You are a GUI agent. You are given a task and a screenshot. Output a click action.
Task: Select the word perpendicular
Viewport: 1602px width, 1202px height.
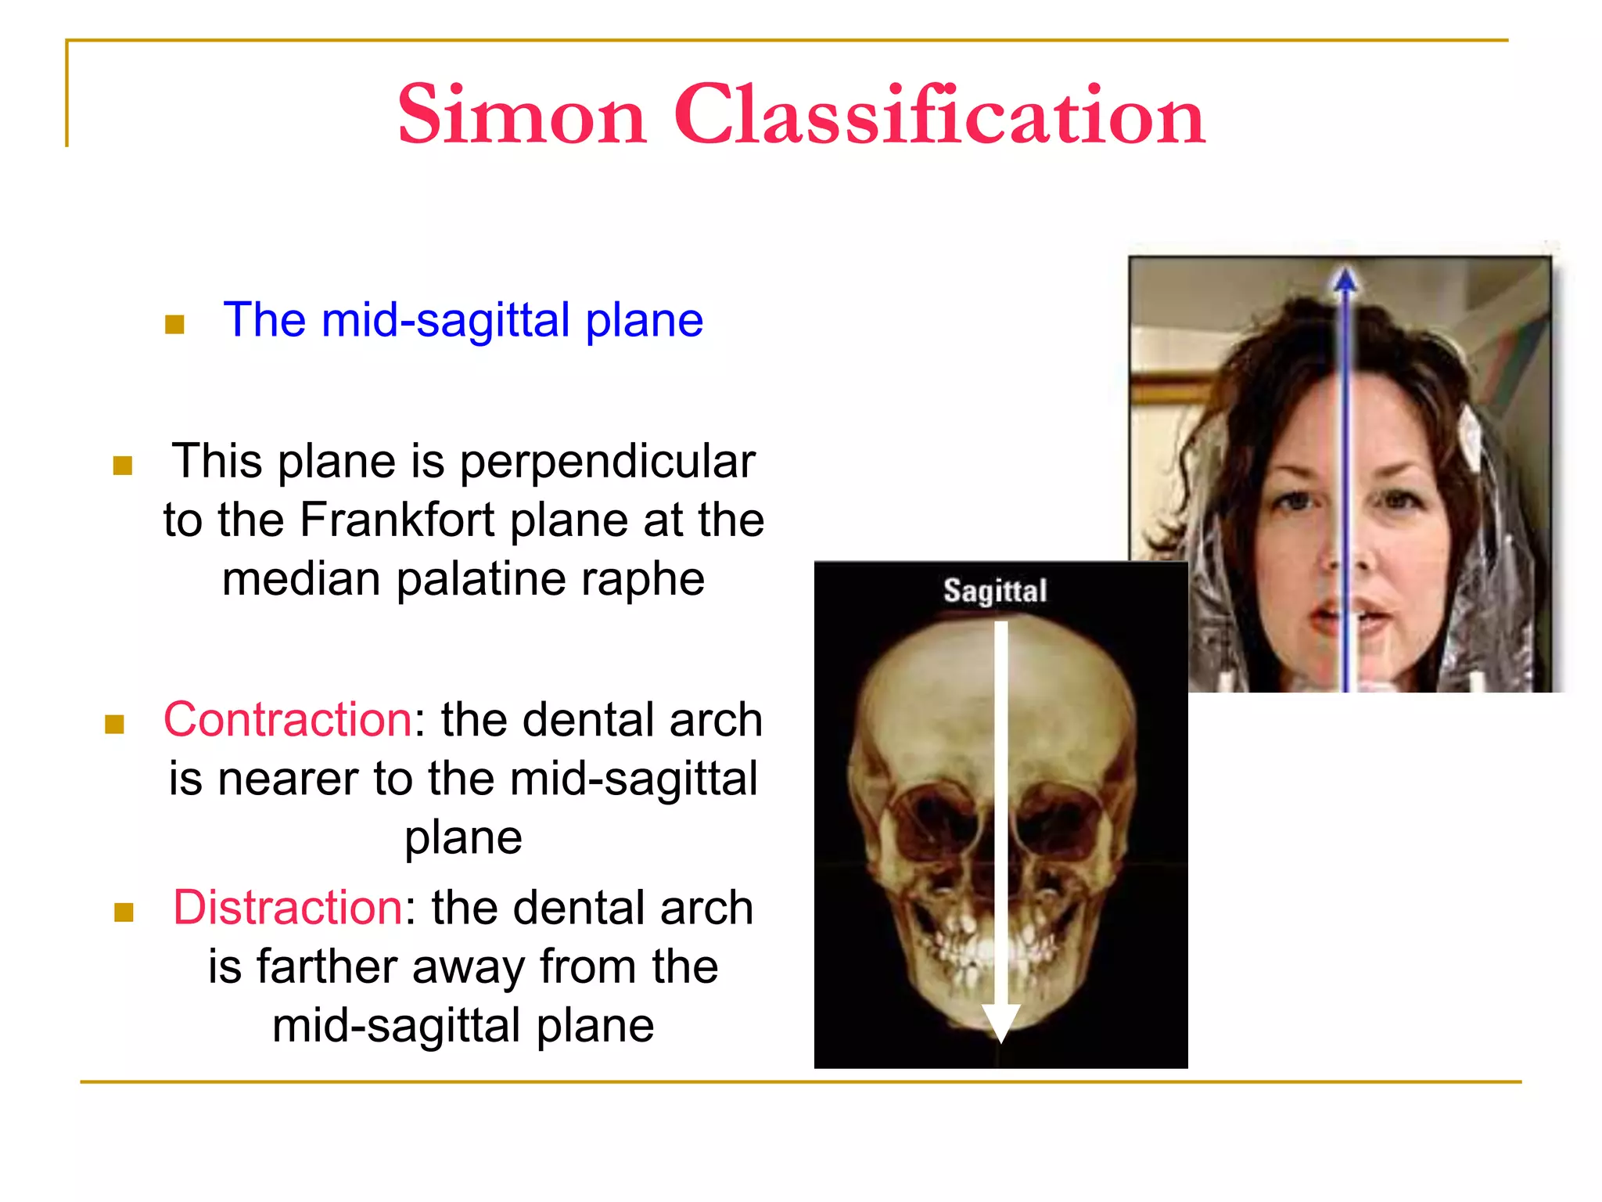(607, 462)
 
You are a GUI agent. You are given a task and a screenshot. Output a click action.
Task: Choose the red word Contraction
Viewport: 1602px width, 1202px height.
(287, 720)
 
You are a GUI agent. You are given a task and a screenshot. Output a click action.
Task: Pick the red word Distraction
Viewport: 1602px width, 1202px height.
(287, 909)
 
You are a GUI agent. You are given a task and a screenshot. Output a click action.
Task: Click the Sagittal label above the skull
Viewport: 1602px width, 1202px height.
(994, 591)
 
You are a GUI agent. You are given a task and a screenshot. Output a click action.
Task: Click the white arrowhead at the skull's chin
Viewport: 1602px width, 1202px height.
(1000, 1022)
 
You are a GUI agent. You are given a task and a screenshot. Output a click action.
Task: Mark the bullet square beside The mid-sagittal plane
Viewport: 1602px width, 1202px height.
(174, 324)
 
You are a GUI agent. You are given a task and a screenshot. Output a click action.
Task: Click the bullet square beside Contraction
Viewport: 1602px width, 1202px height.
(114, 725)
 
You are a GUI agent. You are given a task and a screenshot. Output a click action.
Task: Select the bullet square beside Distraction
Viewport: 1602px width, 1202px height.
(124, 912)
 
